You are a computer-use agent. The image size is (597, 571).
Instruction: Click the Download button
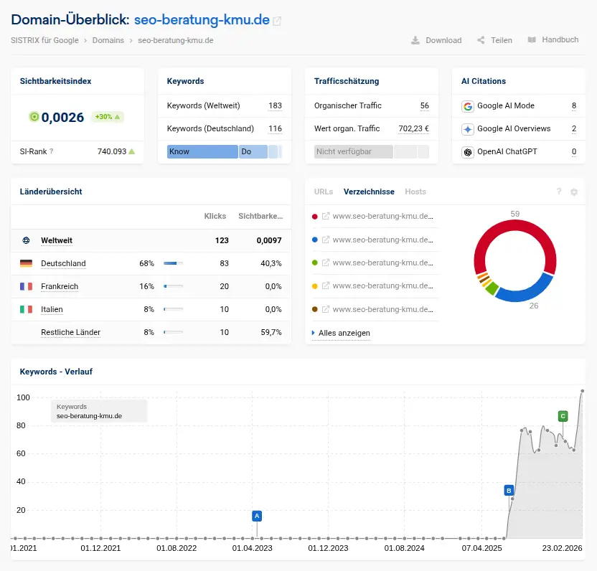(x=436, y=40)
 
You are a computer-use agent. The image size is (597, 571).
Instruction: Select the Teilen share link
(x=494, y=40)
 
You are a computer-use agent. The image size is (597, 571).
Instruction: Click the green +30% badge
(x=108, y=117)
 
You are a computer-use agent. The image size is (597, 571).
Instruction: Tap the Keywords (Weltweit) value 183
(x=275, y=105)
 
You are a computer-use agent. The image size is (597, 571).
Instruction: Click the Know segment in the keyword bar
(x=202, y=152)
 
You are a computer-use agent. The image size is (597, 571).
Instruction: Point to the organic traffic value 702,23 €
(x=413, y=128)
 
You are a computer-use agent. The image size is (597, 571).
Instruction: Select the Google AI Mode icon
(x=468, y=106)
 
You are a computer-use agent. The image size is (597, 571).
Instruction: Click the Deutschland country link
(x=63, y=263)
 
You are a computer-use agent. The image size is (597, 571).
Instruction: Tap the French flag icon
(x=27, y=286)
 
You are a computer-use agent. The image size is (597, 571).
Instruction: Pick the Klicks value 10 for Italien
(x=224, y=309)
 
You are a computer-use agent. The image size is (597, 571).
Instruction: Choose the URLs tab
(x=324, y=192)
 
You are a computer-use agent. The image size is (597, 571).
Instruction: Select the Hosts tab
(x=415, y=192)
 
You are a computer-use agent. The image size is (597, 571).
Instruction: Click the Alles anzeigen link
(x=344, y=333)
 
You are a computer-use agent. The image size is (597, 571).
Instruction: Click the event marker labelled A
(x=257, y=516)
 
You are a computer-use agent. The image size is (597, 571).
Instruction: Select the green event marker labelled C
(x=563, y=416)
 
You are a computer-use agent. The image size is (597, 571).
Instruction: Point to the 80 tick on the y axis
(x=21, y=425)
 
